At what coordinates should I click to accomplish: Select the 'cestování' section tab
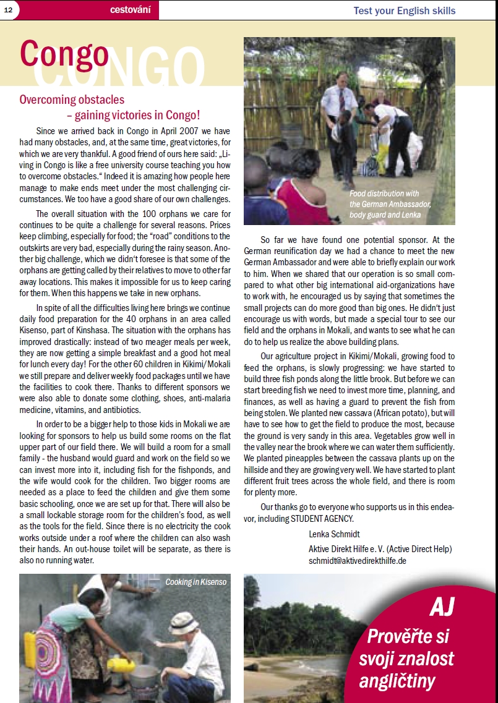click(129, 10)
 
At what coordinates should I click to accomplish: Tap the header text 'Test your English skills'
click(404, 11)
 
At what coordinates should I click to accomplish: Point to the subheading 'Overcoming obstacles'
click(72, 100)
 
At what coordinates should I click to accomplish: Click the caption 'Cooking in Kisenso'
click(195, 582)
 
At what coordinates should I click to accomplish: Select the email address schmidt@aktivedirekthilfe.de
click(357, 561)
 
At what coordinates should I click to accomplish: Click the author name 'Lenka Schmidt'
click(334, 534)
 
